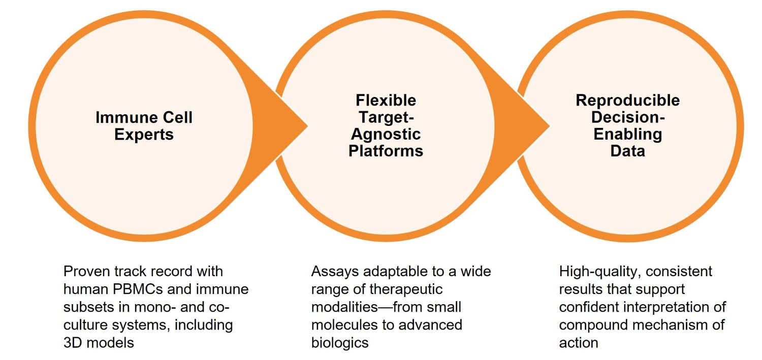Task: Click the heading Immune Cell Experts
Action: [x=144, y=126]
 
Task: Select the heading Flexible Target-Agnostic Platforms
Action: [x=386, y=125]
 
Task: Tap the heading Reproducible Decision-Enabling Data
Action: [x=627, y=125]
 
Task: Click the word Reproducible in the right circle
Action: [x=627, y=101]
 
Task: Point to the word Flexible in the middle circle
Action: [x=386, y=100]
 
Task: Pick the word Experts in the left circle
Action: [x=144, y=135]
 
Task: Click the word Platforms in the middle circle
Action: [x=386, y=151]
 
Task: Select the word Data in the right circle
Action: [x=627, y=151]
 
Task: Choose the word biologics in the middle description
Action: [x=339, y=343]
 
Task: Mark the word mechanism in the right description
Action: [x=666, y=325]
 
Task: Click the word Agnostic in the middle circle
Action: [x=386, y=134]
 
